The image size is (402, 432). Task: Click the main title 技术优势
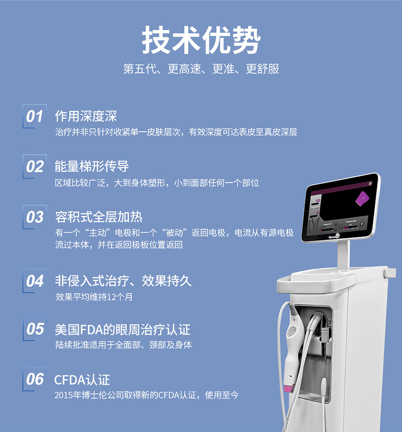[x=201, y=40]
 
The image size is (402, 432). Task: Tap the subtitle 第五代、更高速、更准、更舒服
[x=201, y=69]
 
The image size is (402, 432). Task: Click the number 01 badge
[x=34, y=116]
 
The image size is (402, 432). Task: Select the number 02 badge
[x=34, y=167]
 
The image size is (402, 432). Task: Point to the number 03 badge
[x=34, y=217]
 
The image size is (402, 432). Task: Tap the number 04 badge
[x=34, y=281]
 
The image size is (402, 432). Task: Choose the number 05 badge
[x=35, y=329]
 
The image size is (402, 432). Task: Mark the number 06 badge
[x=34, y=379]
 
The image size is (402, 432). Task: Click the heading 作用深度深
[x=86, y=116]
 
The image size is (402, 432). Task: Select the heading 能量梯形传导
[x=92, y=166]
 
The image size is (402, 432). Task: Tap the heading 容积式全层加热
[x=99, y=217]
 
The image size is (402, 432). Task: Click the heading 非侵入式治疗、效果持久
[x=123, y=281]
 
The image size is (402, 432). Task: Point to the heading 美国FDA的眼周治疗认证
[x=123, y=330]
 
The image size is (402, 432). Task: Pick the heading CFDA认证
[x=82, y=380]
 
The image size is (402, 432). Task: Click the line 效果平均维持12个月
[x=94, y=297]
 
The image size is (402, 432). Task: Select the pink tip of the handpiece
[x=289, y=389]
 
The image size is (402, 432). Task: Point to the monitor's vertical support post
[x=343, y=254]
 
